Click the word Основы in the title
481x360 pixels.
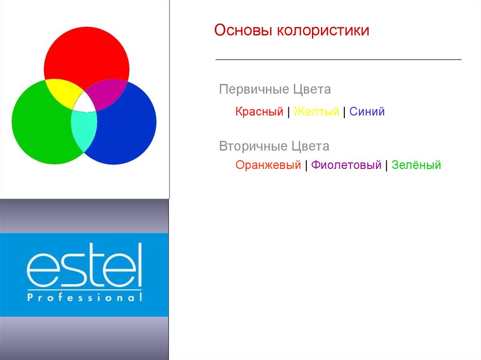coord(243,31)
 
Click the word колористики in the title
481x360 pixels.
coord(323,31)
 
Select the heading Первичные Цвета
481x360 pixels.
coord(275,90)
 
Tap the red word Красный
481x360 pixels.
coord(259,112)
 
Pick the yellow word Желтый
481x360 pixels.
coord(316,112)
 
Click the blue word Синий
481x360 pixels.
coord(367,112)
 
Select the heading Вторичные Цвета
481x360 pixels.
coord(274,146)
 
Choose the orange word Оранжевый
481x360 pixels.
coord(268,165)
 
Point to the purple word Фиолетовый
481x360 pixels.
coord(346,165)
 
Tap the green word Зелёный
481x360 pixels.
coord(416,165)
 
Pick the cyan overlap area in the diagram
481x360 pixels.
coord(84,130)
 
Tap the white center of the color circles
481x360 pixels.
coord(85,103)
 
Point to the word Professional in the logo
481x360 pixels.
coord(85,297)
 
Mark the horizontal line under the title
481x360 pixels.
coord(338,59)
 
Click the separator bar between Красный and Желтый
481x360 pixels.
coord(288,112)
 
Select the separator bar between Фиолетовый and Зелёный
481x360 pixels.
coord(387,166)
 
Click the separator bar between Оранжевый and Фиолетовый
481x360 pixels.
coord(306,166)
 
